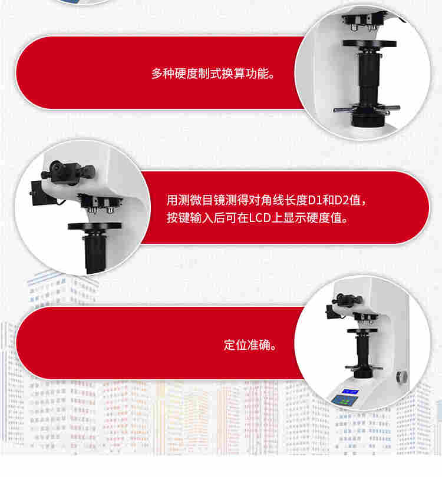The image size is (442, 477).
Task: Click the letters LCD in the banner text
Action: [x=260, y=218]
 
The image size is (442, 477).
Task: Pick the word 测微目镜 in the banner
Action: [x=201, y=200]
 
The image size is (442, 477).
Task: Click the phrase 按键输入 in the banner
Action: [x=189, y=218]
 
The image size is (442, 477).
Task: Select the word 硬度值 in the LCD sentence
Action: [x=325, y=218]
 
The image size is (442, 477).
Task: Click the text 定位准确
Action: [x=247, y=345]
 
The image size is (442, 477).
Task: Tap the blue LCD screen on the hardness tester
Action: [x=349, y=392]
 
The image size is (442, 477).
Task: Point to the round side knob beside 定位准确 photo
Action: [x=402, y=377]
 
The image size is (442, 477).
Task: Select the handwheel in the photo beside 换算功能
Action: [x=367, y=109]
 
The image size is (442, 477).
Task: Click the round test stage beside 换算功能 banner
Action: [x=370, y=44]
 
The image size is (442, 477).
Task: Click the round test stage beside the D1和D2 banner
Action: [x=95, y=226]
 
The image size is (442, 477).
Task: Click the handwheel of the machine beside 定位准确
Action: [x=364, y=368]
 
